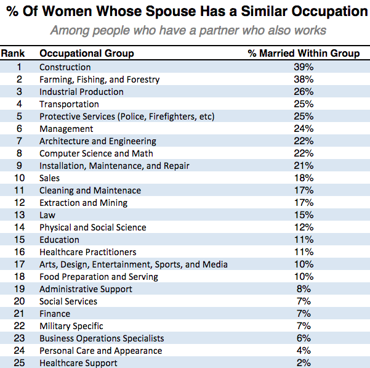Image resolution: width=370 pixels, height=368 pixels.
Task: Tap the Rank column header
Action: click(13, 54)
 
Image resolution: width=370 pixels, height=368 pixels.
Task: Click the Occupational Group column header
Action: click(86, 54)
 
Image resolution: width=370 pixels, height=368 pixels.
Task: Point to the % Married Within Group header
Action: click(304, 54)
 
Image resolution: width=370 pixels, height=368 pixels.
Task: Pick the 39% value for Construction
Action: click(304, 67)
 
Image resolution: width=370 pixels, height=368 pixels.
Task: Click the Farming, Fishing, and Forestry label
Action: click(99, 80)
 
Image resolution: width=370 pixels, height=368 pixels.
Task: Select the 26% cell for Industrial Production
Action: click(304, 92)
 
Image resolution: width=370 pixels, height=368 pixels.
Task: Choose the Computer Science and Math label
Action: click(96, 153)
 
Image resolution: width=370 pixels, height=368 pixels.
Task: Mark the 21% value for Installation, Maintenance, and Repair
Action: click(304, 166)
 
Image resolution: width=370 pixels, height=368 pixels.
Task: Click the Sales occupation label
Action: click(49, 178)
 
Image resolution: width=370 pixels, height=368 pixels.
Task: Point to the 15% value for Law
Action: click(304, 215)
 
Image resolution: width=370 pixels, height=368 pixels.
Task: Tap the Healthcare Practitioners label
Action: click(88, 252)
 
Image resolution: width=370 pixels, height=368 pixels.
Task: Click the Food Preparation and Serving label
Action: click(99, 277)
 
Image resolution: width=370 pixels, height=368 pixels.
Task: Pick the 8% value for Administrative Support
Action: click(304, 289)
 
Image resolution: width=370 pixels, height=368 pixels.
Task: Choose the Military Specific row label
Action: click(71, 326)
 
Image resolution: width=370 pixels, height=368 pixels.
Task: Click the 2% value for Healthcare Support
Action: click(304, 363)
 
